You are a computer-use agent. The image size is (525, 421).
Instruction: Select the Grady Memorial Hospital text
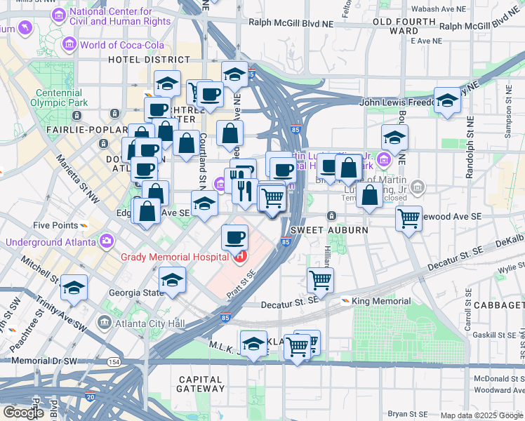175,257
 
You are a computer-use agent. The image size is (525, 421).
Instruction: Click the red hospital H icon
241,257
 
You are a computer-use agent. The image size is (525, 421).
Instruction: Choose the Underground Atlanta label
51,242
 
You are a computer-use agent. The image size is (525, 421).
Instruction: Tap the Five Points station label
56,225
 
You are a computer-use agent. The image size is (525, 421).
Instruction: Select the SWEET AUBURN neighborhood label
320,230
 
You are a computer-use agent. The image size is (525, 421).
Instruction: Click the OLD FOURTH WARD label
397,26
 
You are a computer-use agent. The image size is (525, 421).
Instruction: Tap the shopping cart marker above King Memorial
321,280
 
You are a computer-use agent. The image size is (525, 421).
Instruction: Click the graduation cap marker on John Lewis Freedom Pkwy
447,100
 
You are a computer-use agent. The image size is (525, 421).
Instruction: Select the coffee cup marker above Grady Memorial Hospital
235,236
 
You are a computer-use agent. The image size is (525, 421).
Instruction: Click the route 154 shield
114,361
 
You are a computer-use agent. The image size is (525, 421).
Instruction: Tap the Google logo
23,412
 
